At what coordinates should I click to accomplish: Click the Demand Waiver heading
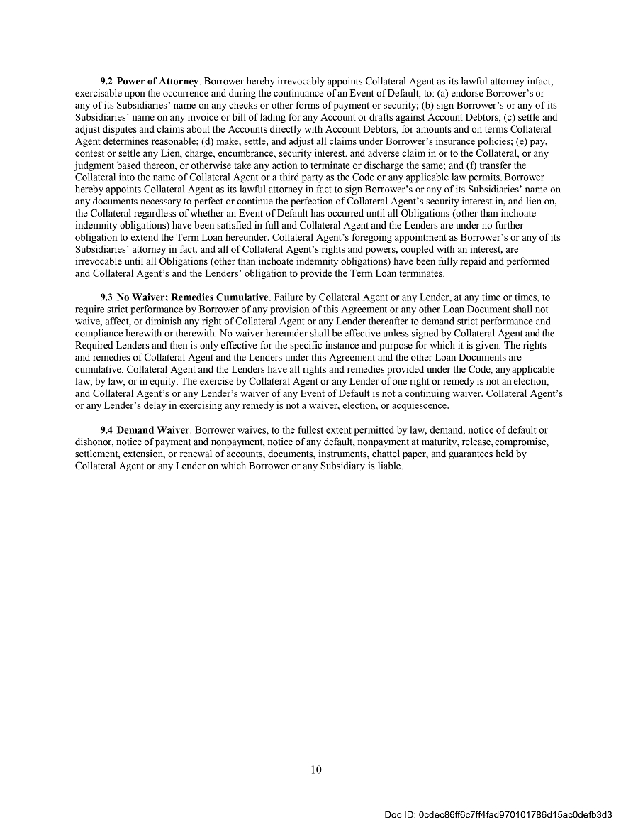(153, 430)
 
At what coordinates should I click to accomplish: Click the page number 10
(316, 770)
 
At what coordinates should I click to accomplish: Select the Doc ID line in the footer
(498, 814)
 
